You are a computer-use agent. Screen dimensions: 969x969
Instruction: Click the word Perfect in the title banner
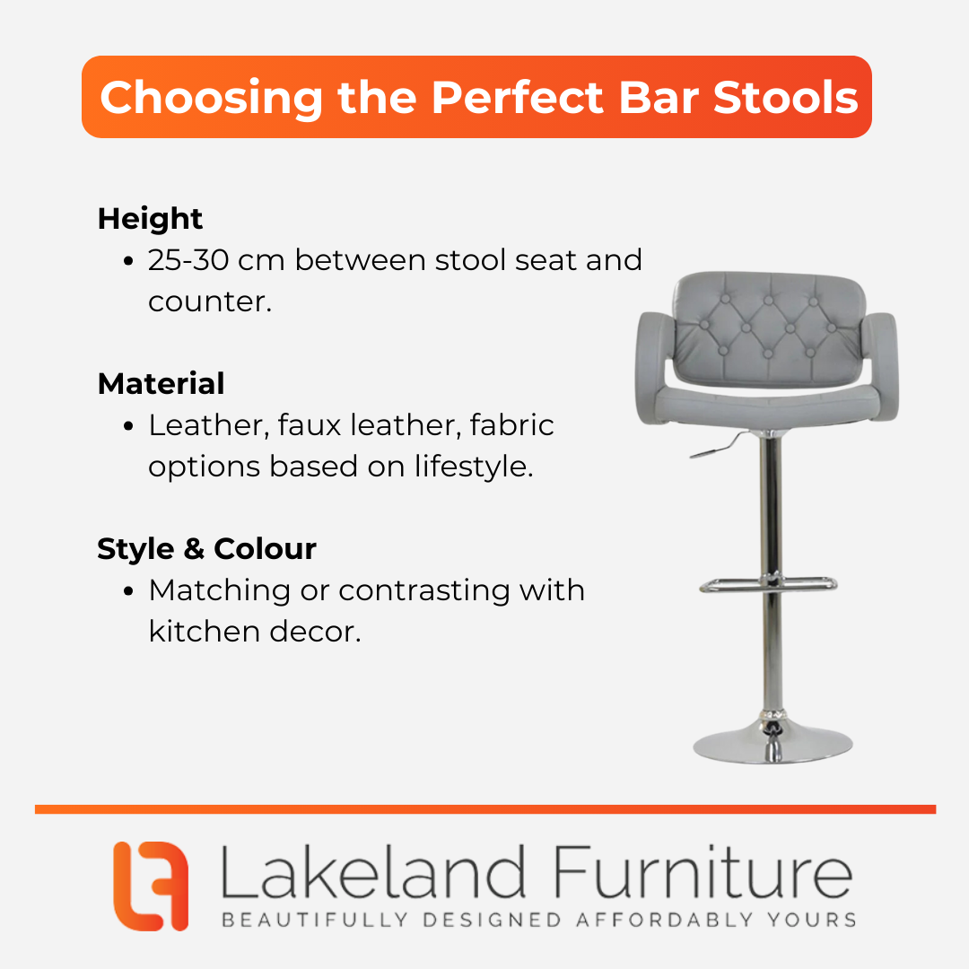click(517, 97)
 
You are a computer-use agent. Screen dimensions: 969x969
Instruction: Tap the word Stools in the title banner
click(785, 97)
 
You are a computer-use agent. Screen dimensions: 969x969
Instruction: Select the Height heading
click(150, 220)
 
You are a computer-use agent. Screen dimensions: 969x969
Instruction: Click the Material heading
click(161, 383)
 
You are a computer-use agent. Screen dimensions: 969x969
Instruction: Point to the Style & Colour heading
click(206, 549)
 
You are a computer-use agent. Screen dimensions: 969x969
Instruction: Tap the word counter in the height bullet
click(209, 302)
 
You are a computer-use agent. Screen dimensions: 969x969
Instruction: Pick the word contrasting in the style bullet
click(424, 590)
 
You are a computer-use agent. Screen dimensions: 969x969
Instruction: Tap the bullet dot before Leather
click(128, 426)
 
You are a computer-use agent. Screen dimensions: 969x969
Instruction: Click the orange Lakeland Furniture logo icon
click(151, 886)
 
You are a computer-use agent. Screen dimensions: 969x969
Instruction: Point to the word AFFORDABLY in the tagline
click(664, 920)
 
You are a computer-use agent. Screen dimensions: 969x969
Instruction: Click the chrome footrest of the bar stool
click(768, 584)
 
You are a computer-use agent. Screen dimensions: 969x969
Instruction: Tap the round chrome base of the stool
click(773, 744)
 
